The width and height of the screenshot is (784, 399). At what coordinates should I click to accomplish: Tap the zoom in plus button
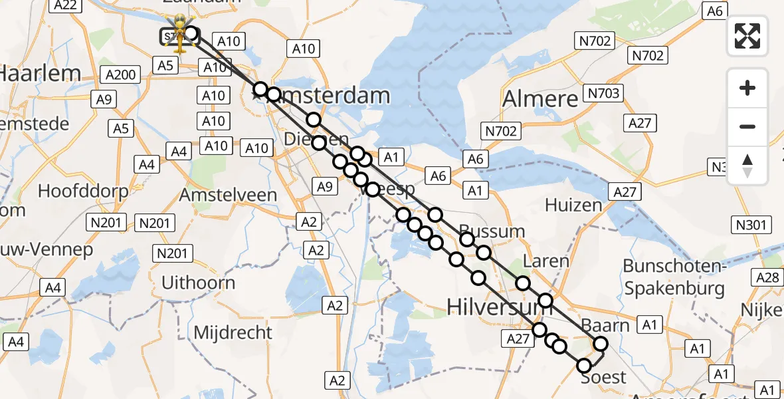tap(747, 88)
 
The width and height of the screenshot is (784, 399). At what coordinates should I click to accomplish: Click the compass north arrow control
tap(747, 166)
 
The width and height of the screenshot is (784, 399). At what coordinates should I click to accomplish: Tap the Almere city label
tap(540, 99)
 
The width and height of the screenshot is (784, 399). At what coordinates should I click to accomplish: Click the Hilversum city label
tap(490, 306)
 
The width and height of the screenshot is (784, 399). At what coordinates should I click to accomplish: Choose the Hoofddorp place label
tap(83, 191)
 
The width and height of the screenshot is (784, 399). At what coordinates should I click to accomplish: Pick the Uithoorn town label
tap(198, 283)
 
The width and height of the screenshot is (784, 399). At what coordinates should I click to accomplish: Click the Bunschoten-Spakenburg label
tap(673, 277)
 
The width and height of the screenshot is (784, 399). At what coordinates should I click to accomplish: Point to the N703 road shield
tap(603, 92)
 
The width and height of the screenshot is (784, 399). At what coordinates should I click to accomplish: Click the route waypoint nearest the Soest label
tap(584, 365)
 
